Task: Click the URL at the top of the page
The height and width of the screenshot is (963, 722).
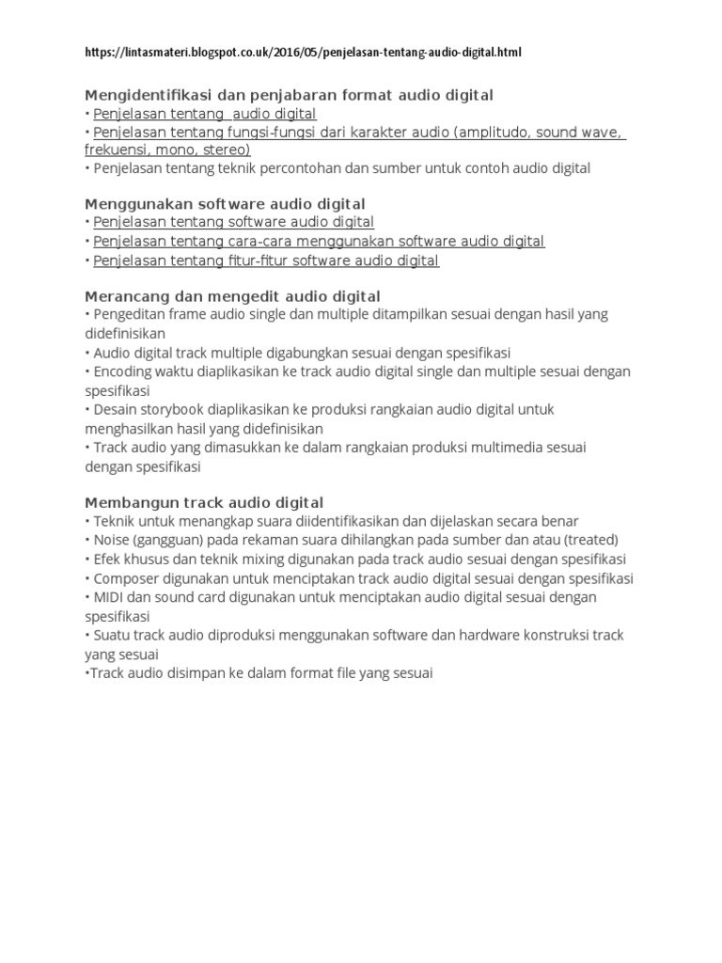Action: (302, 53)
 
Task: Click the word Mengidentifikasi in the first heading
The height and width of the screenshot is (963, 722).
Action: (141, 95)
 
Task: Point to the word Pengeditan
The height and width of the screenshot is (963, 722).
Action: (130, 315)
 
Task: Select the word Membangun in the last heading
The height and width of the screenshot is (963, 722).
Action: (125, 502)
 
